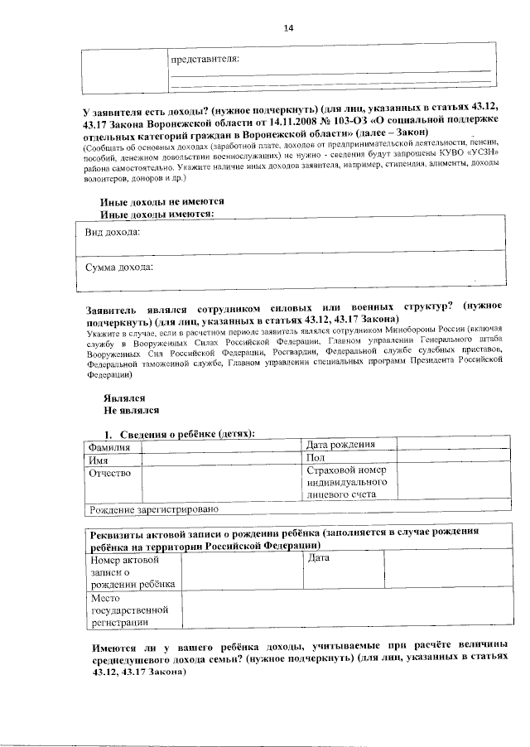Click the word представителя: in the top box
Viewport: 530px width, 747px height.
(x=205, y=60)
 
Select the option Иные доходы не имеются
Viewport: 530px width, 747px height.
(x=161, y=202)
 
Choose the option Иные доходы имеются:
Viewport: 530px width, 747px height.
(x=157, y=214)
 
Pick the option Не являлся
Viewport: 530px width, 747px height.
(x=131, y=410)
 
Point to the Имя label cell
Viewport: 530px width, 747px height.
(x=100, y=460)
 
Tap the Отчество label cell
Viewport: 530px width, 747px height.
(x=110, y=473)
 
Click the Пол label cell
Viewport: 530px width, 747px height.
(x=315, y=458)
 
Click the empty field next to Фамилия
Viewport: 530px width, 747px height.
(x=219, y=448)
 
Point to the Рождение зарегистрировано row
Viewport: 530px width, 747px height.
(x=154, y=508)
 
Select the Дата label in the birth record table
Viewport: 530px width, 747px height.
(x=319, y=559)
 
